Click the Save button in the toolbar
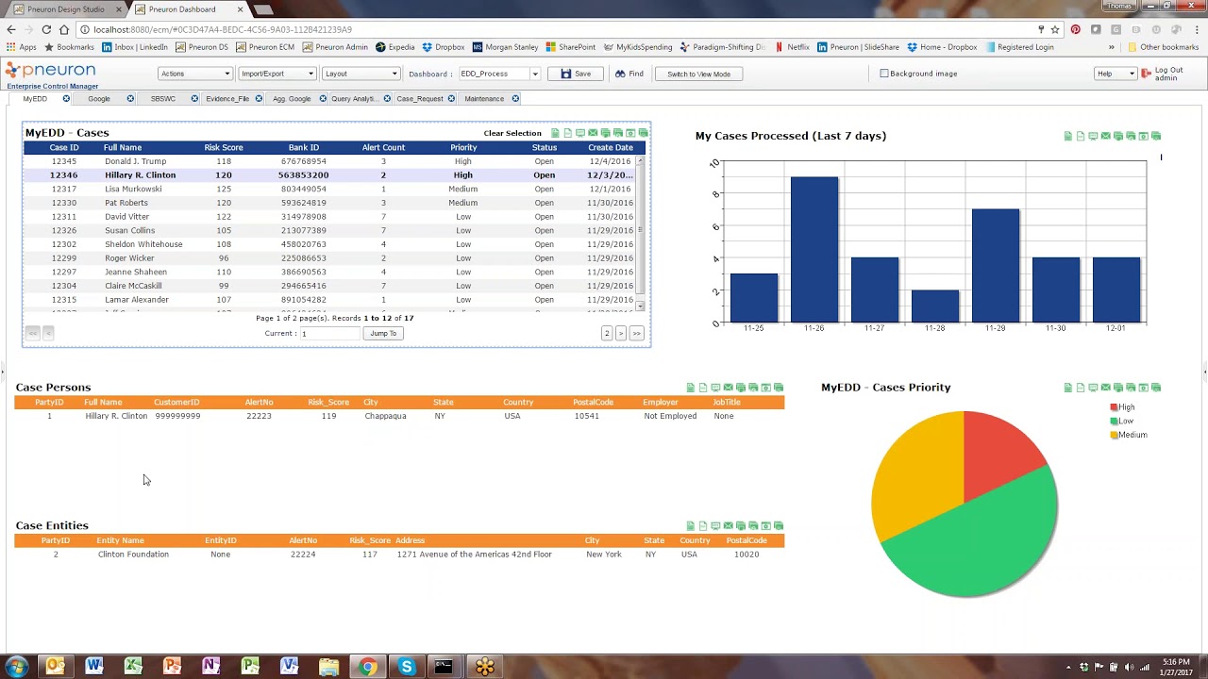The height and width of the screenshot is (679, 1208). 576,74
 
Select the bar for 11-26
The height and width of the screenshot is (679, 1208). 814,250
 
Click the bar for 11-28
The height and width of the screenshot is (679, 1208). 934,306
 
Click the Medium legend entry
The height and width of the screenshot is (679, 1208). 1132,435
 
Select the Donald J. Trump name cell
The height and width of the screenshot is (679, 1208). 135,161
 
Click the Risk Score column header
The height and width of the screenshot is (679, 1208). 224,147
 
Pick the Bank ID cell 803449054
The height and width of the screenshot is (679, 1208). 303,189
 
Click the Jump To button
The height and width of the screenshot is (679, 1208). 383,333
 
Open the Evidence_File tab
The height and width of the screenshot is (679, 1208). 227,99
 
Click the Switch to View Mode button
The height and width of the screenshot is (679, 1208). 698,74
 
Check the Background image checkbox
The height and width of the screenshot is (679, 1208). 884,74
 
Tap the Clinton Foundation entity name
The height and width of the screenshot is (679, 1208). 133,555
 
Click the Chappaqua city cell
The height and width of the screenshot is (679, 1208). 385,416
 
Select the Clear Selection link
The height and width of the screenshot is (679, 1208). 512,133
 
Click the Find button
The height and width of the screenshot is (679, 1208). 629,74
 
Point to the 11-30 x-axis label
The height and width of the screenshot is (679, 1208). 1055,328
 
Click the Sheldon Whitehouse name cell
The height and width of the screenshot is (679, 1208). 143,244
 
